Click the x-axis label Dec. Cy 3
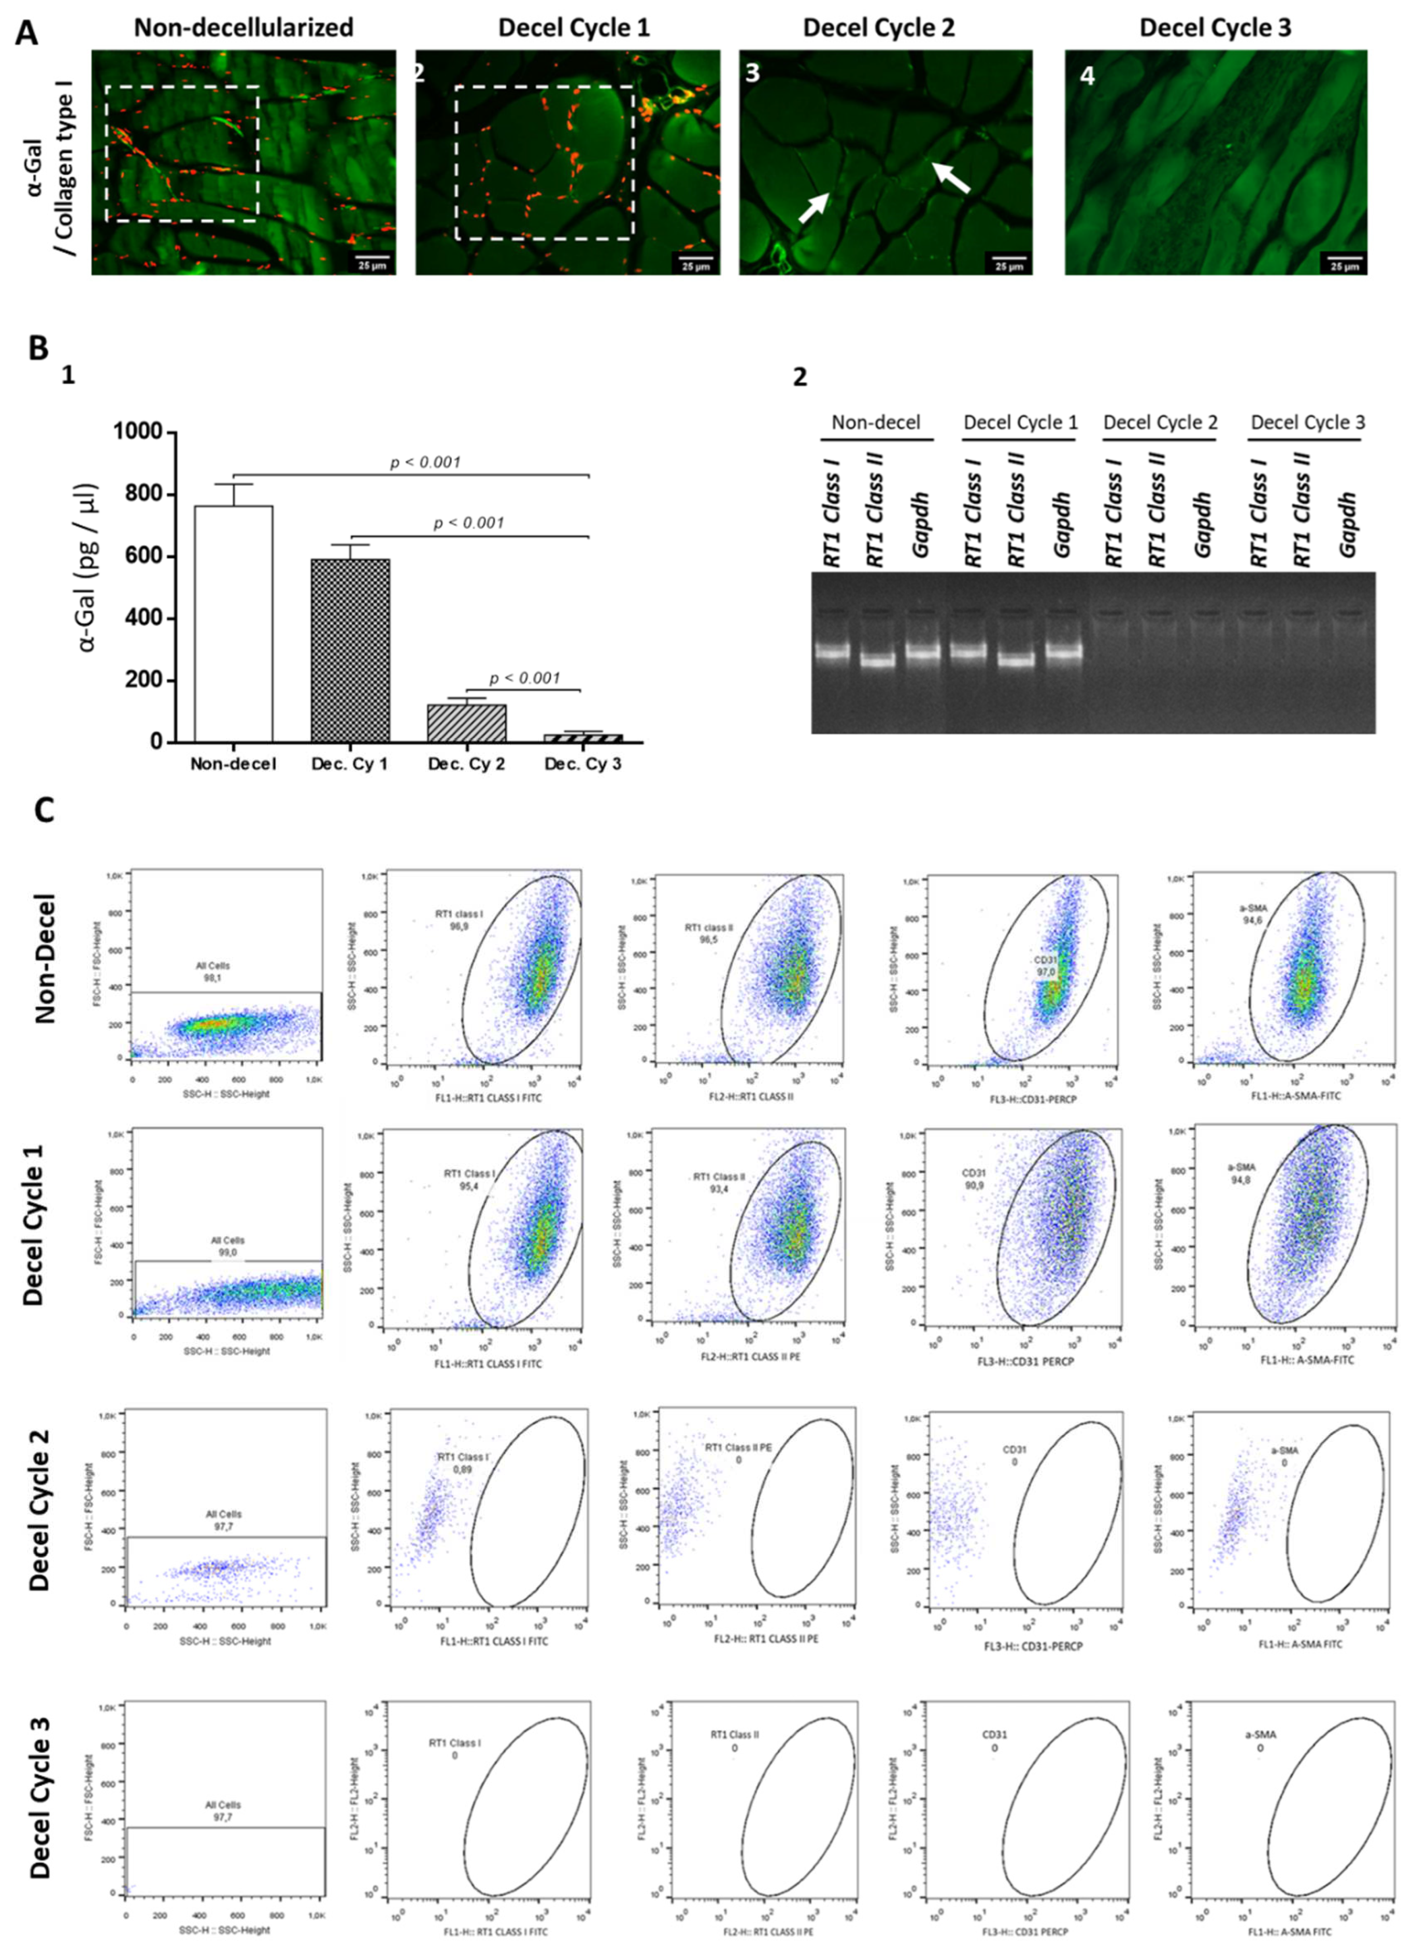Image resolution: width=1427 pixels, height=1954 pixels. coord(583,764)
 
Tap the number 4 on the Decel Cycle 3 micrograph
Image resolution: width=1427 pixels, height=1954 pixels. coord(1088,76)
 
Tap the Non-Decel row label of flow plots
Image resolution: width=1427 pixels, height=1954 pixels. coord(45,959)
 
